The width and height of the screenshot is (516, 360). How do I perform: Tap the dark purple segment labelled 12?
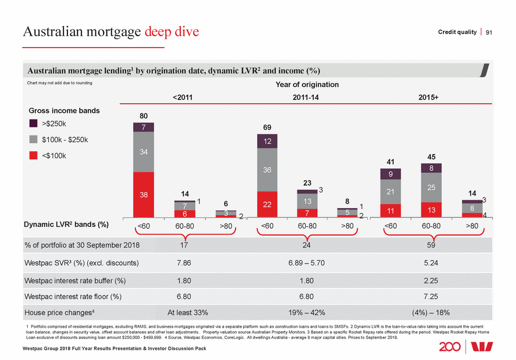point(266,141)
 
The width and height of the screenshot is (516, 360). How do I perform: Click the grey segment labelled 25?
point(431,187)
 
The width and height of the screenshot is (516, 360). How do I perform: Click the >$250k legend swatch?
point(34,123)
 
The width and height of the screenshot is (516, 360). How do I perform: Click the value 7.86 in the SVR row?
point(184,263)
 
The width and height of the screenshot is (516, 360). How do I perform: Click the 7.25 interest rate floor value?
point(431,296)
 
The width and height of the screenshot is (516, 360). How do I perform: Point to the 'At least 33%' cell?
point(184,312)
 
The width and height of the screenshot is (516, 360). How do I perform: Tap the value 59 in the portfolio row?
point(431,245)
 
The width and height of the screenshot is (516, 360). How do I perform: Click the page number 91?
point(489,32)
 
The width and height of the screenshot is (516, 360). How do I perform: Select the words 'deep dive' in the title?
point(173,32)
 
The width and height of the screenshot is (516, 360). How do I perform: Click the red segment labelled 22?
point(266,204)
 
